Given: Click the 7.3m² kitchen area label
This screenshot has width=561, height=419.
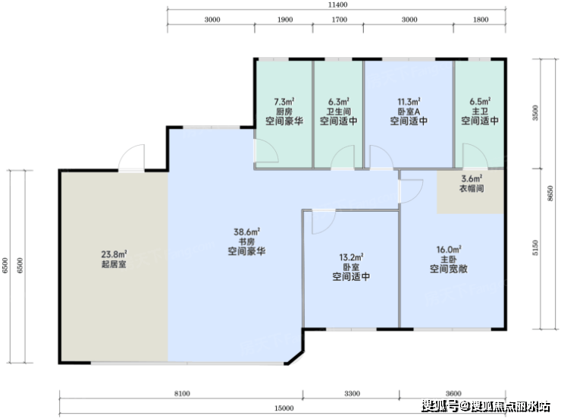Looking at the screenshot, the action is (x=284, y=102).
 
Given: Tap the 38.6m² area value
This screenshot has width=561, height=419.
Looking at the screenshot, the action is (x=246, y=232).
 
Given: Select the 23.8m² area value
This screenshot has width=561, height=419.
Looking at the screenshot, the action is (x=114, y=254).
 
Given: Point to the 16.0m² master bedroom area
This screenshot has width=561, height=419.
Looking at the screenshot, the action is (x=449, y=249).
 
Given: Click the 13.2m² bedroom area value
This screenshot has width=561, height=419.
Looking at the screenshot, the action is (x=351, y=257).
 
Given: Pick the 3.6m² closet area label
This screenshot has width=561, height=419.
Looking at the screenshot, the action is (x=472, y=178).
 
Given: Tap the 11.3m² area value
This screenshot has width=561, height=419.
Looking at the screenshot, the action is (x=409, y=102).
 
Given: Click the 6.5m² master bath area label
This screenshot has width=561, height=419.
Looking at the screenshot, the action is (x=480, y=102).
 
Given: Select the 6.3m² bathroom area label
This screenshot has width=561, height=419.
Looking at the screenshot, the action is (x=338, y=102).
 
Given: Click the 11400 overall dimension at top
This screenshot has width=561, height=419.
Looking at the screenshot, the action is (x=338, y=5).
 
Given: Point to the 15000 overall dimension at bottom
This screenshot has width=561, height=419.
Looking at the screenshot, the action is (x=284, y=408).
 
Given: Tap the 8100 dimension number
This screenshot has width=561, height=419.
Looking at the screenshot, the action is (x=182, y=394).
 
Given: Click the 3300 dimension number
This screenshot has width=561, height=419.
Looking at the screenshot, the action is (x=352, y=394).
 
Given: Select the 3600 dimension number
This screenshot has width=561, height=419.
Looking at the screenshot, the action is (x=453, y=394).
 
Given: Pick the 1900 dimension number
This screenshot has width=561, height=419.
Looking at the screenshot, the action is (x=285, y=20).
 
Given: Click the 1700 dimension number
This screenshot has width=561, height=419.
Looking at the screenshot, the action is (x=339, y=20).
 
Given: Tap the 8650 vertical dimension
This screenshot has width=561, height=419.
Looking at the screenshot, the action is (x=550, y=194).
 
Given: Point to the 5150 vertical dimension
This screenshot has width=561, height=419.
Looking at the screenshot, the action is (x=535, y=247).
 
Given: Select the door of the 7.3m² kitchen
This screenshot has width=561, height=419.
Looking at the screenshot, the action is (x=265, y=150).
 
